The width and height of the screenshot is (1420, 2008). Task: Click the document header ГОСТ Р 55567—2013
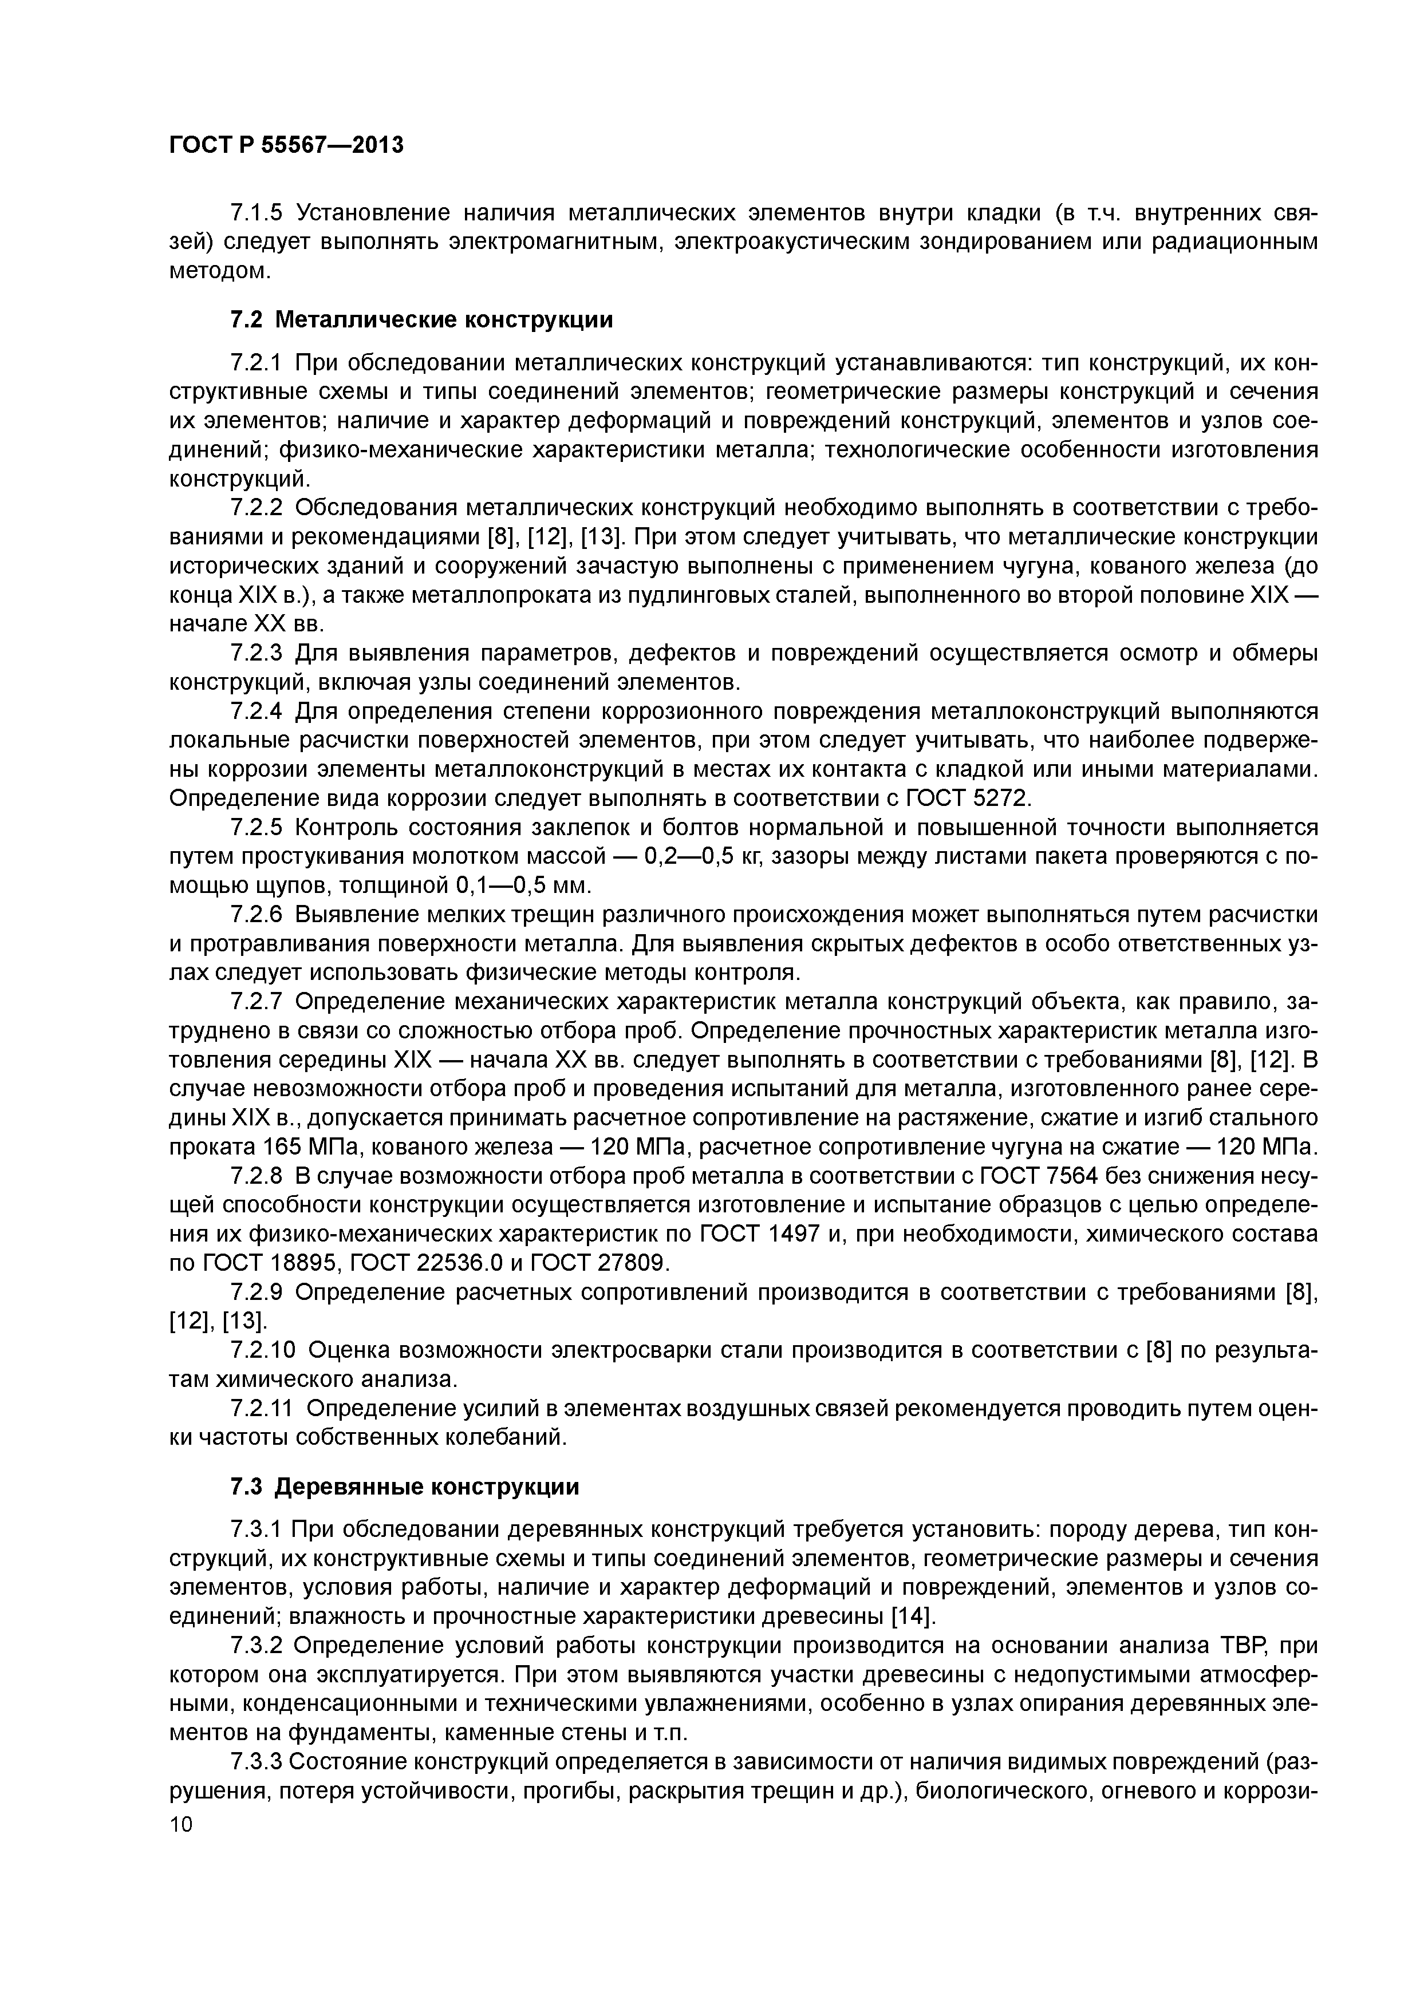tap(286, 146)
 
